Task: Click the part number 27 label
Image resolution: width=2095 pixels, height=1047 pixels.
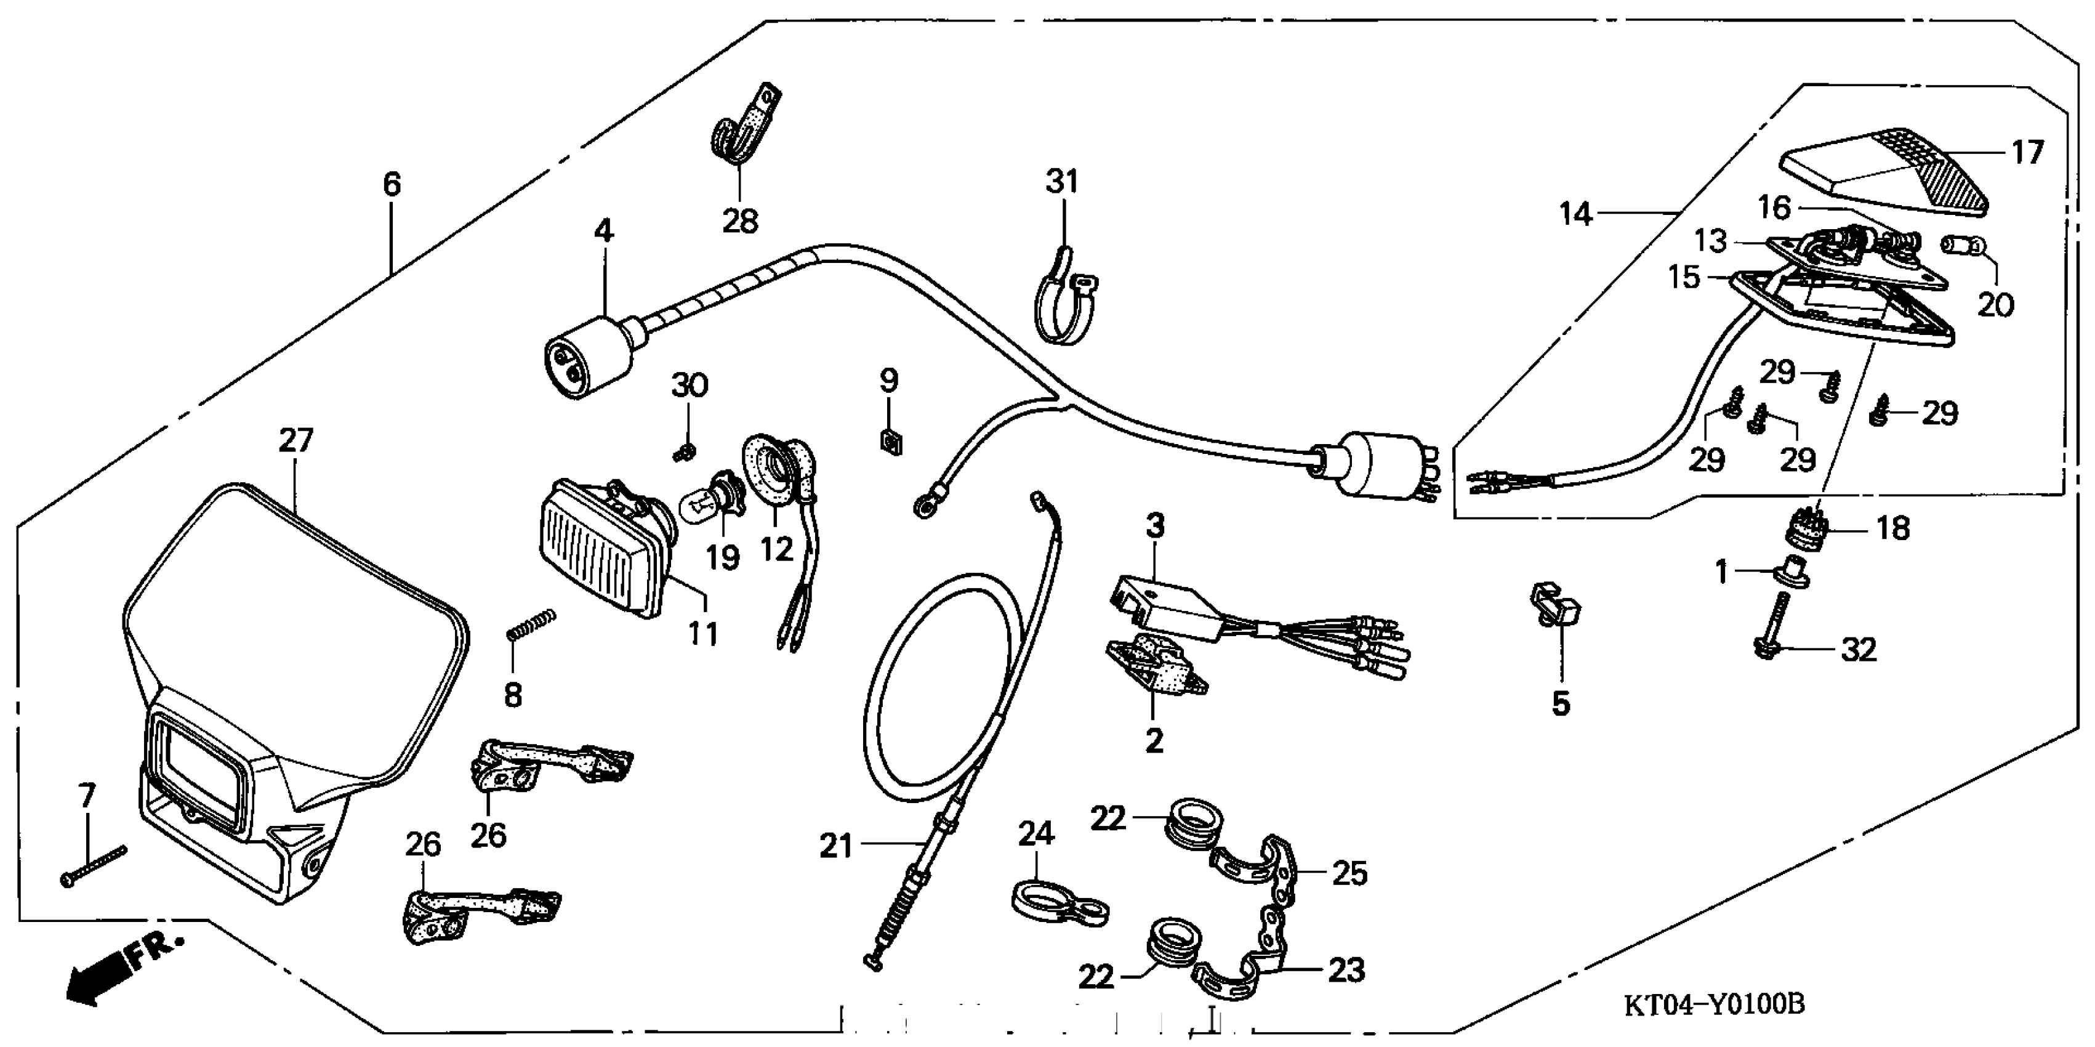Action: pos(296,441)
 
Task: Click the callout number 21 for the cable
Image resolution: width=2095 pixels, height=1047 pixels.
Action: pos(835,847)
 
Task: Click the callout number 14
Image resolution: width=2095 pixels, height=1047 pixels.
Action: pos(1575,215)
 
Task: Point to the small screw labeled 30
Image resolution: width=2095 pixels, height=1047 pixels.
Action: pos(686,451)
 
